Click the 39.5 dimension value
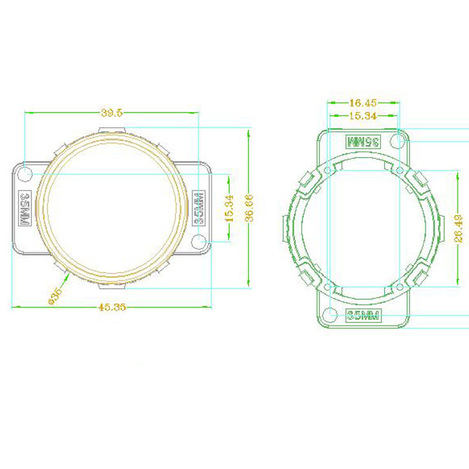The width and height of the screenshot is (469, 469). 112,113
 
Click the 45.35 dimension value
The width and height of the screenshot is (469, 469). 112,307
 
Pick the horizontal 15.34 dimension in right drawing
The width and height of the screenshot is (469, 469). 363,115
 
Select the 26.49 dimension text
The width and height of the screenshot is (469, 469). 460,228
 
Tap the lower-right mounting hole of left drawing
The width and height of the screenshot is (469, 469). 199,240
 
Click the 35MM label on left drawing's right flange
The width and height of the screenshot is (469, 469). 199,209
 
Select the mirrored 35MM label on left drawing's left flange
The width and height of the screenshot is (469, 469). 25,208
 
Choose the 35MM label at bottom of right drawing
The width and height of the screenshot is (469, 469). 363,316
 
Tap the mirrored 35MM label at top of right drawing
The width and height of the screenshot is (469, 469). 363,141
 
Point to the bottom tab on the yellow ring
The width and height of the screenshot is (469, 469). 112,287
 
